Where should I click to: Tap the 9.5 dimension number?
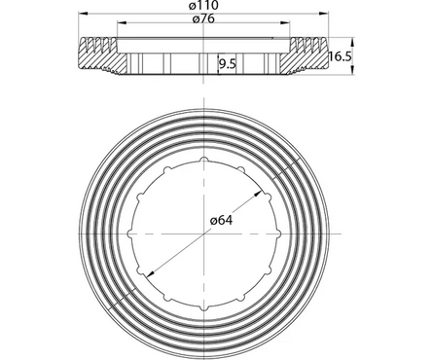point(228,64)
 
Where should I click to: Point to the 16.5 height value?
point(340,57)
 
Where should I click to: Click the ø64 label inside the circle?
point(223,220)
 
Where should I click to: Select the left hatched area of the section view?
point(100,57)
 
